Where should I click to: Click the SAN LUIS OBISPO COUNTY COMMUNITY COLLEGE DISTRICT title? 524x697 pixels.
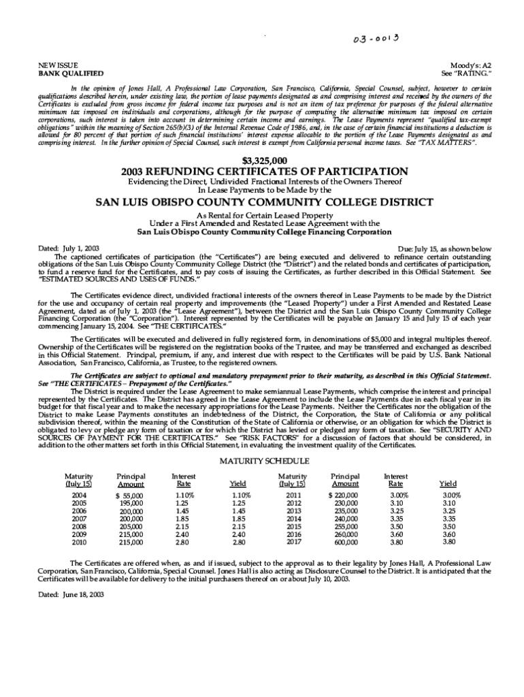coord(262,202)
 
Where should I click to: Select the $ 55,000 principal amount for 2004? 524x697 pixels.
coord(129,496)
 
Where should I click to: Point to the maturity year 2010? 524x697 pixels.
coord(79,542)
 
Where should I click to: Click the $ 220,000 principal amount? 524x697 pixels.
coord(343,496)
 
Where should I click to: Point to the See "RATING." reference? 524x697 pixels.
coord(466,73)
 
